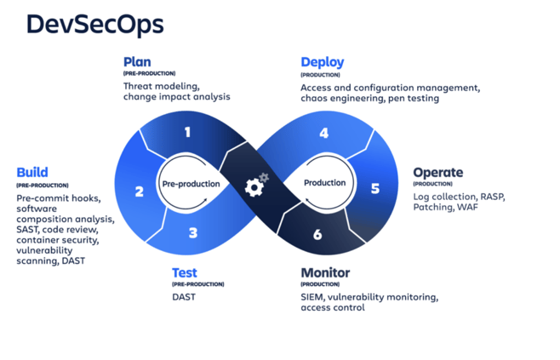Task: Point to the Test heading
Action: point(186,273)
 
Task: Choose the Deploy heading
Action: point(322,62)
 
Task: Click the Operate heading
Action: point(437,172)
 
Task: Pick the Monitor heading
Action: point(325,273)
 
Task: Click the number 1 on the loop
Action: point(187,132)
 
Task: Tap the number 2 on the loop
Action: point(140,191)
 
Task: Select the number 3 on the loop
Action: point(193,232)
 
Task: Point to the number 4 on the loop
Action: point(323,133)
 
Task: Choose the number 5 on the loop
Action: point(375,188)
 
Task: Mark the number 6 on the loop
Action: point(317,234)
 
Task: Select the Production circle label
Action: point(325,183)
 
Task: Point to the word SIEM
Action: point(312,297)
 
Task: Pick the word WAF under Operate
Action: point(466,207)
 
